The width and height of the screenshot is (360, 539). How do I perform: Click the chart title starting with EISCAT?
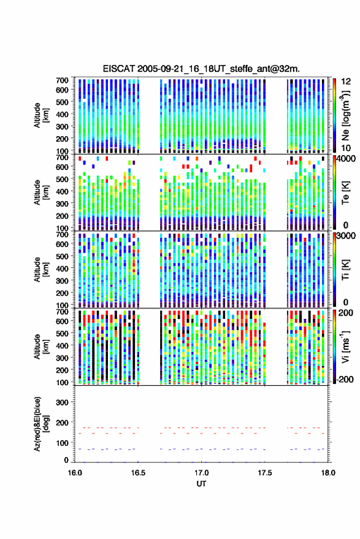point(201,69)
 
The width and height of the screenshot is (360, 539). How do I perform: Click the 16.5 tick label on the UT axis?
point(138,473)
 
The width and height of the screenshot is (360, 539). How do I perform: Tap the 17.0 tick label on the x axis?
point(201,473)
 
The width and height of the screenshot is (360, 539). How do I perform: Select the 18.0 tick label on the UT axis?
point(327,473)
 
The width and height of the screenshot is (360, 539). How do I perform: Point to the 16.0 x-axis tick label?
point(75,473)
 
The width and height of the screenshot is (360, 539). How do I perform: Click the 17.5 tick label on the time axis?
point(264,473)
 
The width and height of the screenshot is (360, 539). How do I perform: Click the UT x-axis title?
point(201,484)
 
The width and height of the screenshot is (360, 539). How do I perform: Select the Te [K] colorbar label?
point(346,193)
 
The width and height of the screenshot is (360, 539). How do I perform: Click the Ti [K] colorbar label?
point(346,270)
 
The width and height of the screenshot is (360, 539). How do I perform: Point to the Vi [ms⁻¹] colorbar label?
point(345,346)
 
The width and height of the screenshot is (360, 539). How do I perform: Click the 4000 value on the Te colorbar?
point(346,159)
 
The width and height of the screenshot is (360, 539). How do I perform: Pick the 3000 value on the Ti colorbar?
point(346,236)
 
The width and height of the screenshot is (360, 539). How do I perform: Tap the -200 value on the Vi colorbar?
point(345,380)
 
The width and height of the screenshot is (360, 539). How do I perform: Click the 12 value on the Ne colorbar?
point(346,82)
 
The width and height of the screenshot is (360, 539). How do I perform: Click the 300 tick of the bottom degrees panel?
point(62,402)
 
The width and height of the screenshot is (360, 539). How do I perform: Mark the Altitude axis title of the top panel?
point(41,115)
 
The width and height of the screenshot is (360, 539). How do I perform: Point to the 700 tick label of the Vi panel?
point(62,312)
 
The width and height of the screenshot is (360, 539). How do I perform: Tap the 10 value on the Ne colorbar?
point(346,148)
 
